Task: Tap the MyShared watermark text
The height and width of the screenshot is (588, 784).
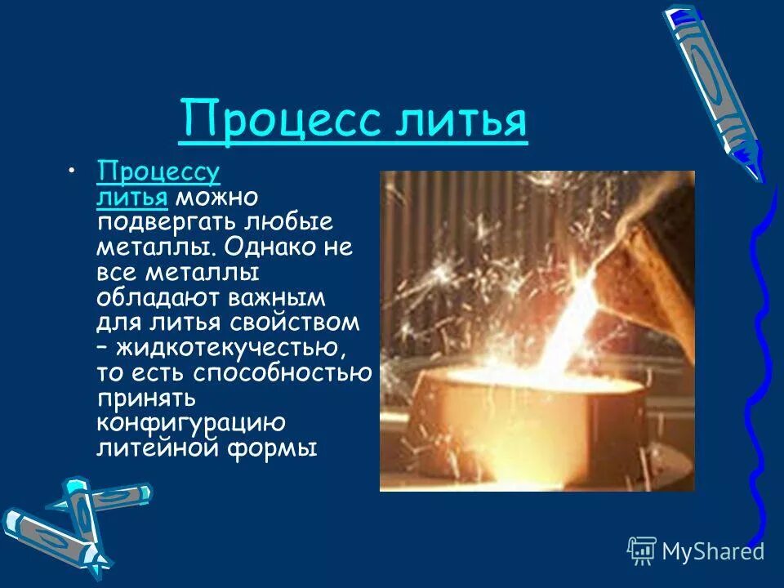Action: tap(712, 552)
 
